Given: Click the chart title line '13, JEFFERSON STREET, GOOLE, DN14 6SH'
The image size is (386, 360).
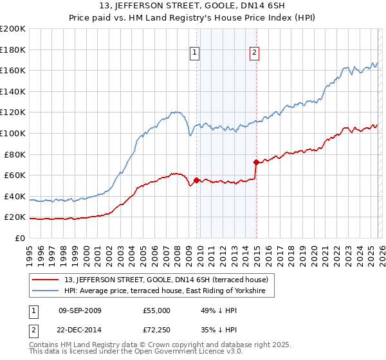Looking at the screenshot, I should [x=192, y=6].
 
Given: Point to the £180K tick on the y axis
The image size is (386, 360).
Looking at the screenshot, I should [x=13, y=50].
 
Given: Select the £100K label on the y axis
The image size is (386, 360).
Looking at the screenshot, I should [x=13, y=133].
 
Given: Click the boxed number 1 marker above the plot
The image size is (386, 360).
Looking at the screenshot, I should [x=194, y=53].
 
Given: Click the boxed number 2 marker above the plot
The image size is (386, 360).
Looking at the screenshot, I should [x=255, y=53].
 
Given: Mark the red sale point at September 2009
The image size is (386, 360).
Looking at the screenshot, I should [x=196, y=180].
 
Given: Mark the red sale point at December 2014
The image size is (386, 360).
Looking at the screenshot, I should [x=256, y=162].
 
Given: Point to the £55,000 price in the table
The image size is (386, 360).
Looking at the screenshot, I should [x=157, y=310].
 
